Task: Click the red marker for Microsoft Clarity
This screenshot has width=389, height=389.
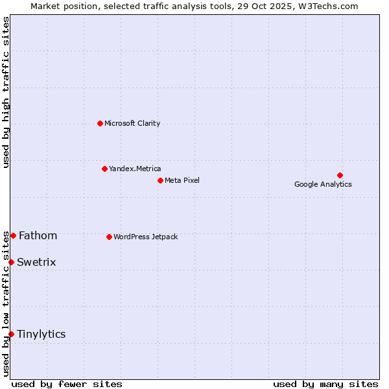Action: [x=100, y=123]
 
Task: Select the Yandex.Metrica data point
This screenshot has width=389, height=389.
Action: [x=104, y=169]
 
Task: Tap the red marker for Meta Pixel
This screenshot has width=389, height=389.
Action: [x=160, y=180]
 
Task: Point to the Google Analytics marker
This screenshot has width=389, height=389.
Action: [x=340, y=175]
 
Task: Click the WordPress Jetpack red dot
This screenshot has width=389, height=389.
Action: [x=109, y=237]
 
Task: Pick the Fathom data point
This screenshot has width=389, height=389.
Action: [x=13, y=235]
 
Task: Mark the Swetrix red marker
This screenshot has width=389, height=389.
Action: [x=11, y=262]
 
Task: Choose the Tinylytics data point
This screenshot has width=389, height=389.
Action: [x=11, y=334]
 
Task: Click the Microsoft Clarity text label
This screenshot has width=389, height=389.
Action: [x=132, y=123]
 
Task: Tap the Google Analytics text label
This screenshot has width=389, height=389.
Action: [x=323, y=184]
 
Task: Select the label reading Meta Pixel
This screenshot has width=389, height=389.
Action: [x=182, y=180]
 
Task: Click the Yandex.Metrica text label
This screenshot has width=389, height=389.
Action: [x=135, y=169]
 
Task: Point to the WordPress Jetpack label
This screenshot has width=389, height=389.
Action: [x=145, y=237]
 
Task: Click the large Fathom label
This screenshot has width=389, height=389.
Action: [x=38, y=235]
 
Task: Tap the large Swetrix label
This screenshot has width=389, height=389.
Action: [x=36, y=262]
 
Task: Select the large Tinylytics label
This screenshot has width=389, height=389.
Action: [x=41, y=334]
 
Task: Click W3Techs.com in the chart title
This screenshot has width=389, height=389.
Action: [x=335, y=6]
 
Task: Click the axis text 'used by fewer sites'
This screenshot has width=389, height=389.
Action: [x=67, y=384]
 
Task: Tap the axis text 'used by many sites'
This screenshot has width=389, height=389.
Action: [x=325, y=384]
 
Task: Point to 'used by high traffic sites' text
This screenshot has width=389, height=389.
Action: [x=6, y=93]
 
